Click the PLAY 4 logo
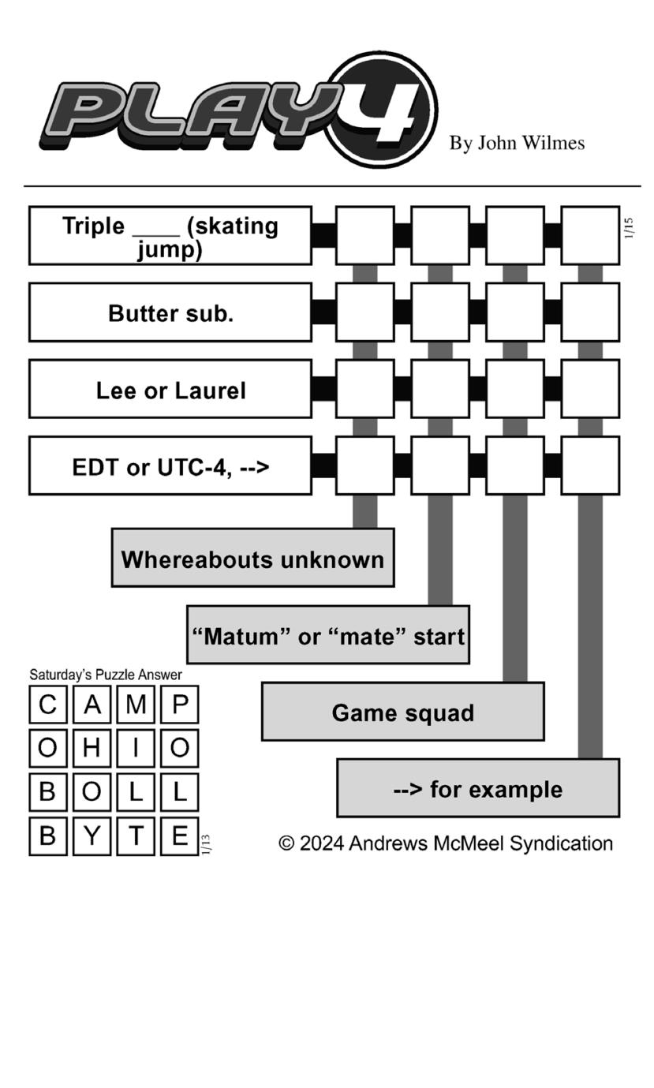click(237, 110)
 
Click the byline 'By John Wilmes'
click(517, 143)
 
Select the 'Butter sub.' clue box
click(170, 312)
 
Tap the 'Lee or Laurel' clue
click(170, 390)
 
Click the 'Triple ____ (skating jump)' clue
click(170, 236)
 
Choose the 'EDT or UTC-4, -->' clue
click(170, 466)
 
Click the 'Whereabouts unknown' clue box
click(252, 559)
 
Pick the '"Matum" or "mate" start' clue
click(328, 635)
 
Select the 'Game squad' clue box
click(403, 712)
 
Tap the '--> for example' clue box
click(478, 788)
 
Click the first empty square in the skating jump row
click(364, 236)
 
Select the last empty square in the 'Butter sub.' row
click(590, 312)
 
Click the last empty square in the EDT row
click(590, 466)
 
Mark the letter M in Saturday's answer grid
click(136, 704)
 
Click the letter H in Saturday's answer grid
click(92, 748)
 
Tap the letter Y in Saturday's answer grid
click(92, 836)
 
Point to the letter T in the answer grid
click(136, 836)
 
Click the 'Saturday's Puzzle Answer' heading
click(106, 675)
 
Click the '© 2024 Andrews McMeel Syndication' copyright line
click(446, 843)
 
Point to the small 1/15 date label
click(629, 228)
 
